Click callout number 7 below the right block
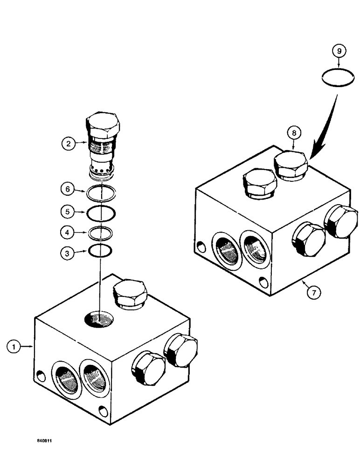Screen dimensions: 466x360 (314, 293)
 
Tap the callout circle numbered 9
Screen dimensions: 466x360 (339, 50)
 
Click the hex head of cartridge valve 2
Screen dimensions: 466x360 (103, 124)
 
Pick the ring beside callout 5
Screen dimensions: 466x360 (101, 213)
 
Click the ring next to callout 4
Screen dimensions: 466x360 (101, 232)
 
